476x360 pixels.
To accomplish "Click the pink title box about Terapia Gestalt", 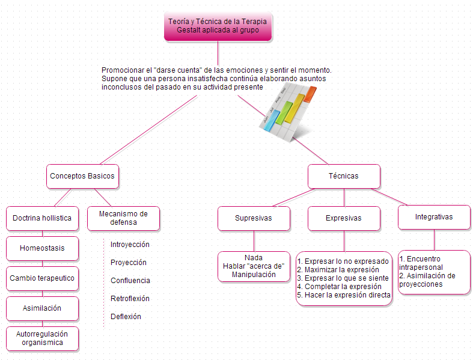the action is click(218, 26).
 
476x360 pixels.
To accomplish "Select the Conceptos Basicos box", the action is click(82, 176).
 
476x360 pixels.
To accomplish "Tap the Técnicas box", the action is click(344, 176).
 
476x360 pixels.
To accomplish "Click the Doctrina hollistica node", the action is click(42, 218).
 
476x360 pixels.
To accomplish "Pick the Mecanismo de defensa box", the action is click(123, 218).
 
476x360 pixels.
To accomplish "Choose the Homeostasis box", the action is click(42, 248).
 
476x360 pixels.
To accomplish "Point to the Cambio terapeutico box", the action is click(42, 278).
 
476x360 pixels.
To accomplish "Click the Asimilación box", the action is click(42, 308).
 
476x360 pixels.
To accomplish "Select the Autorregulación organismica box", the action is click(42, 338).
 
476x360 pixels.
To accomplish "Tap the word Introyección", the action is click(130, 245).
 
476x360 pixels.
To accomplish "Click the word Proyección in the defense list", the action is click(129, 263).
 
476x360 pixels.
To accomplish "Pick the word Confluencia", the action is click(130, 281).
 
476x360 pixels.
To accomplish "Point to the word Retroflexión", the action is click(130, 299).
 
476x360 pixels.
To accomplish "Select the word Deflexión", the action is click(126, 317).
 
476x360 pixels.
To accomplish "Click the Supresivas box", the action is click(254, 218).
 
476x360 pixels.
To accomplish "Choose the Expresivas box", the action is click(344, 218).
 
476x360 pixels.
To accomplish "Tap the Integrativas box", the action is click(434, 217).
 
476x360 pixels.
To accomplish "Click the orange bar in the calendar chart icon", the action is click(310, 94).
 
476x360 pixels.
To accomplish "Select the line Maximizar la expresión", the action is click(338, 270).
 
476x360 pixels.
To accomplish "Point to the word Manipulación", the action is click(254, 275).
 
